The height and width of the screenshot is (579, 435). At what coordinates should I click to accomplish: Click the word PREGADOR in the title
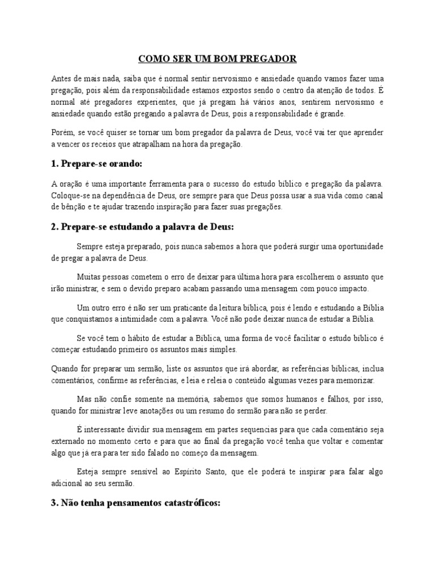click(269, 59)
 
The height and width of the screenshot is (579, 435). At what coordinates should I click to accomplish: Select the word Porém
click(62, 132)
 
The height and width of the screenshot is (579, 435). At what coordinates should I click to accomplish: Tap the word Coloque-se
click(69, 196)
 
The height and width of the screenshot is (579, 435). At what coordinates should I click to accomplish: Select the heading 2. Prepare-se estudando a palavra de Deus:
click(142, 227)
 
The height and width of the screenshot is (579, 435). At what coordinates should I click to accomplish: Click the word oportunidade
click(356, 247)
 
